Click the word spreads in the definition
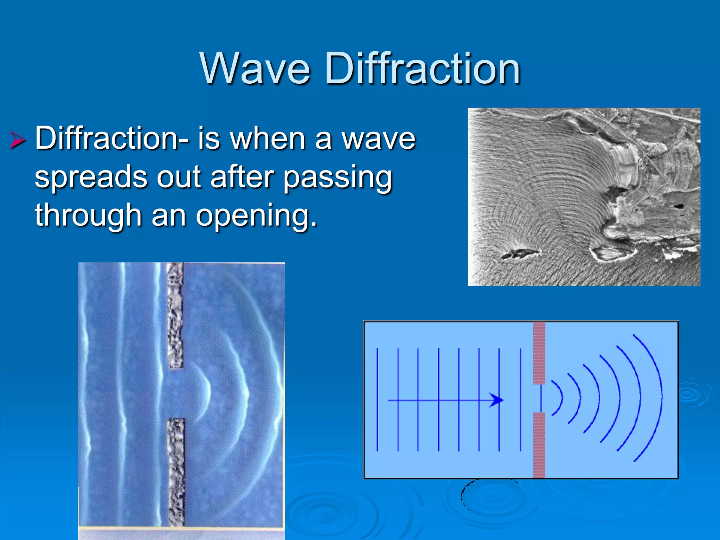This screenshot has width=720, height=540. coord(91,177)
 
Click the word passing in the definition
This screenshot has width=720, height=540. coord(337,177)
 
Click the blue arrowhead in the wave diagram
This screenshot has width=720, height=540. coord(497,400)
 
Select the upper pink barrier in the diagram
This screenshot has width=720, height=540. coord(539,353)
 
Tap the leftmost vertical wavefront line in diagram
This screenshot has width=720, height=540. coord(377,399)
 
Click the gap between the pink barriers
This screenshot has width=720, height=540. coord(540,398)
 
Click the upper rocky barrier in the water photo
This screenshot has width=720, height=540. coord(175,315)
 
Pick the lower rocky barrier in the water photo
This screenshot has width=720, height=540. coord(176,472)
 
